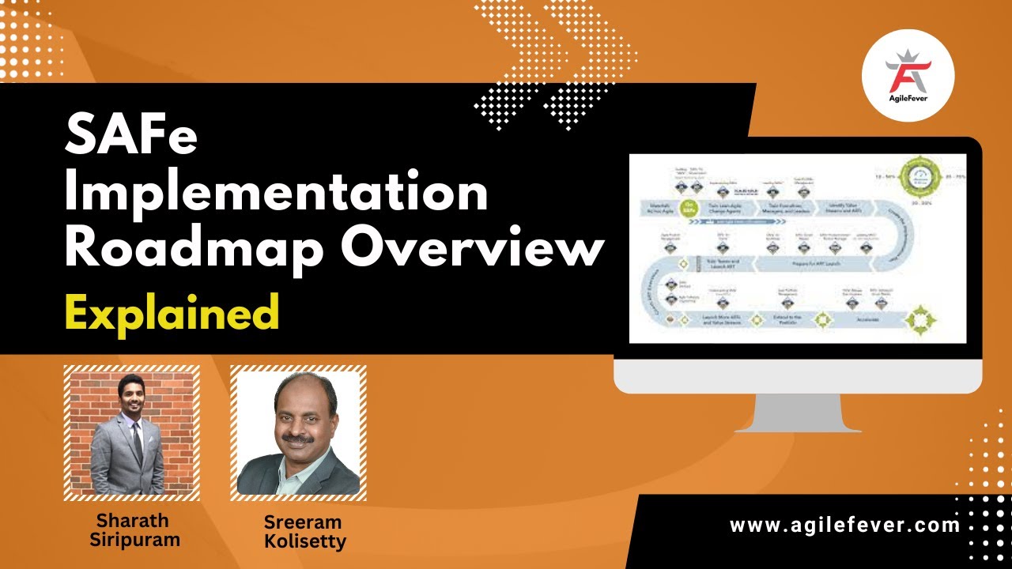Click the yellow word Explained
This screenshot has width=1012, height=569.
pyautogui.click(x=172, y=311)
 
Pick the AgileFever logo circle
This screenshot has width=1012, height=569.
pyautogui.click(x=908, y=75)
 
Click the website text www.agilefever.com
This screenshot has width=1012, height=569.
pyautogui.click(x=844, y=525)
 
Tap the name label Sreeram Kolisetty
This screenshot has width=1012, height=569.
pyautogui.click(x=304, y=533)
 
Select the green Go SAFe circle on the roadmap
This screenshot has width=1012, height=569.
pyautogui.click(x=689, y=208)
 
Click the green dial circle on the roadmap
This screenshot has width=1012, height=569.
pyautogui.click(x=919, y=176)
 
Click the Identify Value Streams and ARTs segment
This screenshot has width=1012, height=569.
pyautogui.click(x=845, y=208)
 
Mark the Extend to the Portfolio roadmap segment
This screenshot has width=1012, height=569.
pyautogui.click(x=787, y=320)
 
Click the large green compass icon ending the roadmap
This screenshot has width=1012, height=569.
pyautogui.click(x=920, y=319)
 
